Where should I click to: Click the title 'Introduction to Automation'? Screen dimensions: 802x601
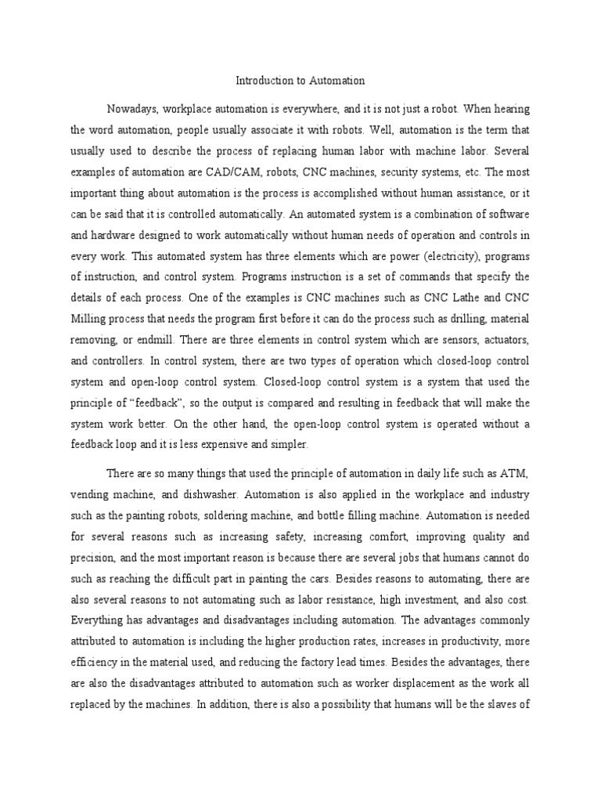click(300, 80)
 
